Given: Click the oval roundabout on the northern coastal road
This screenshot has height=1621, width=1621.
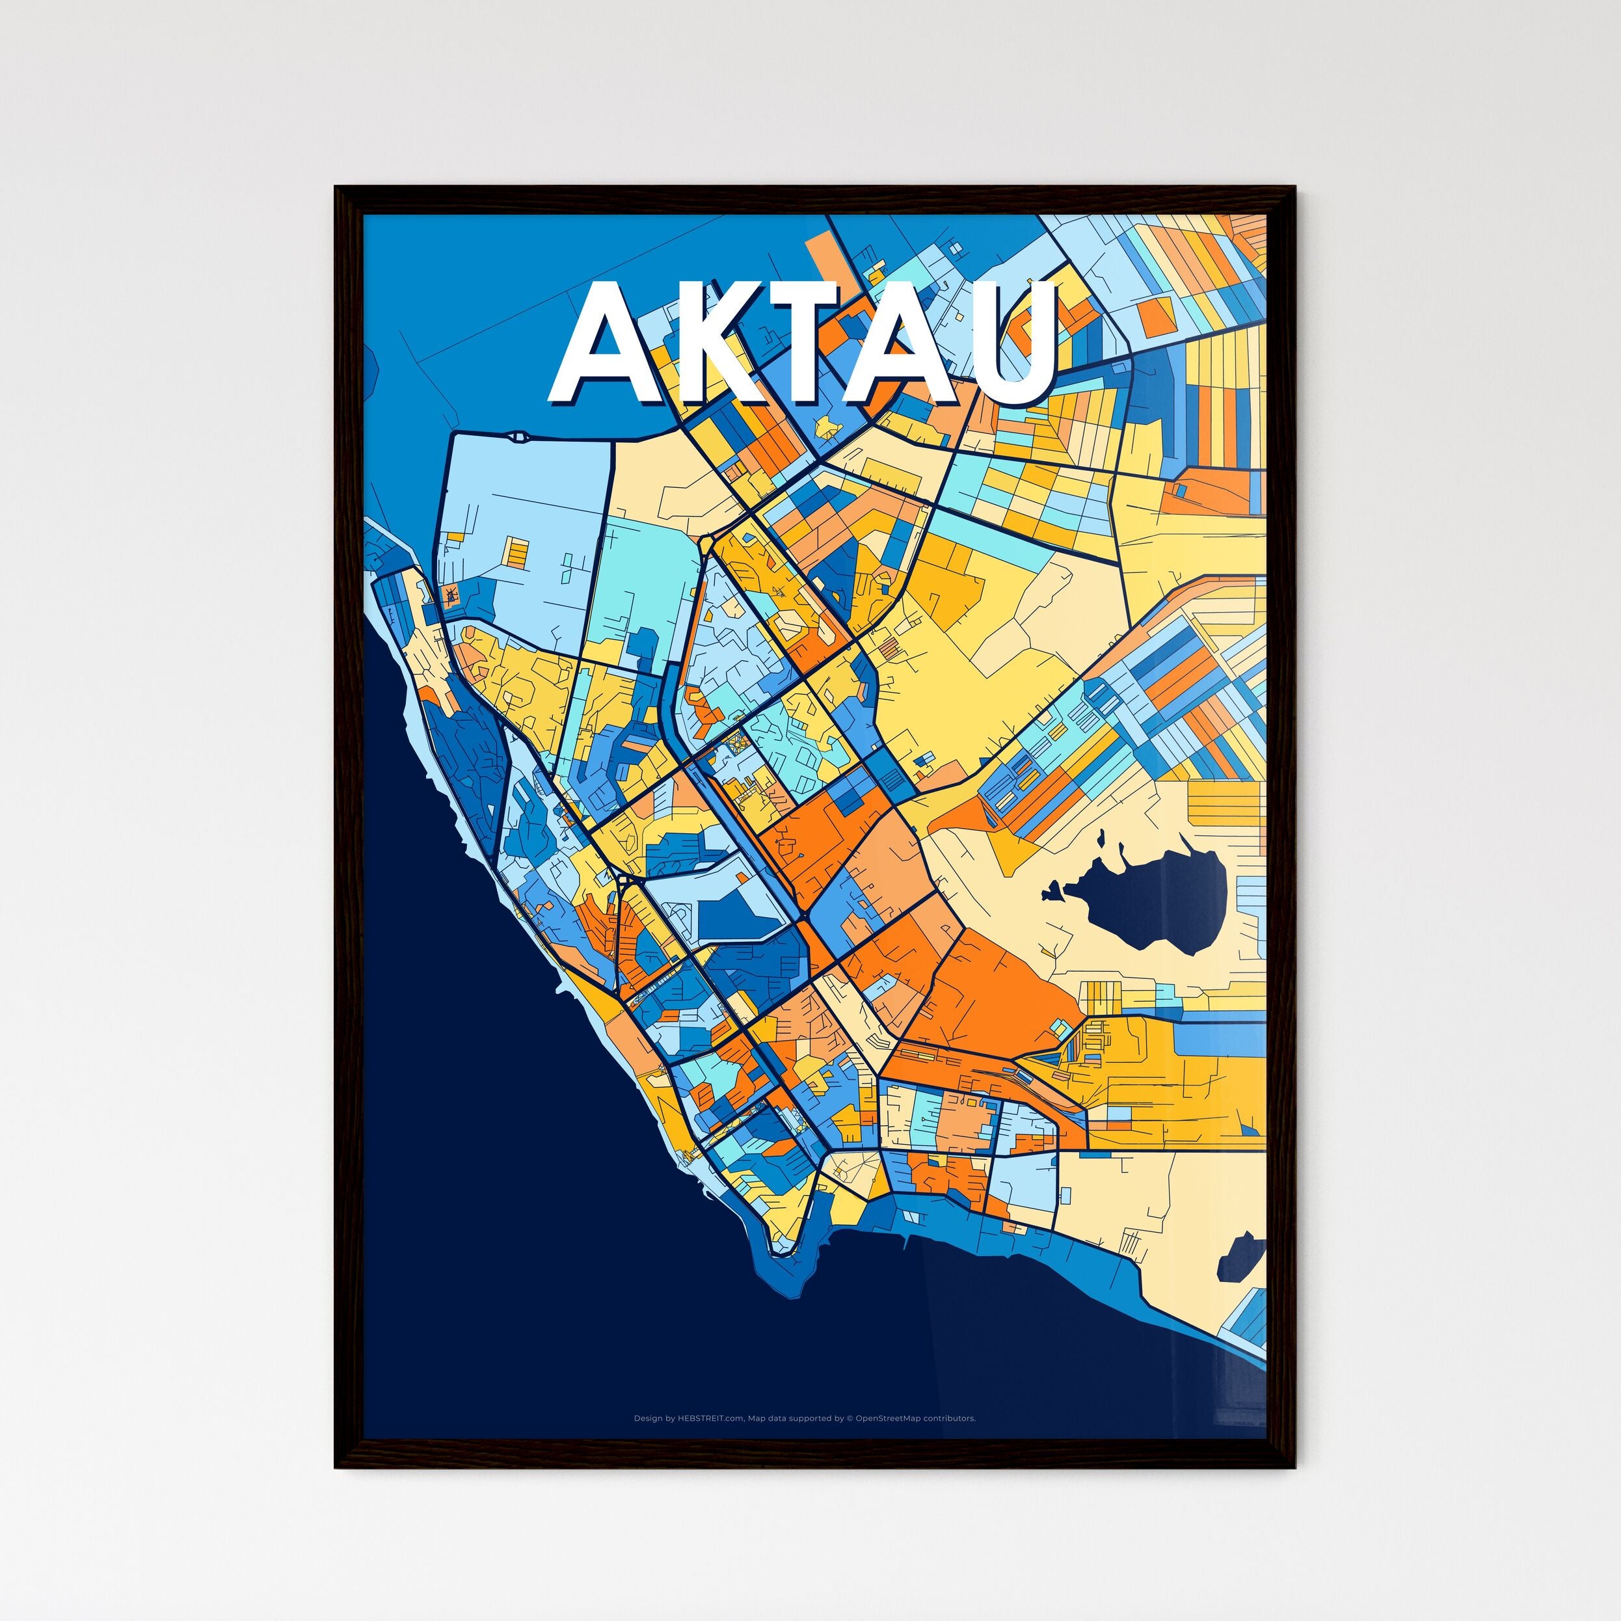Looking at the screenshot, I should pos(518,436).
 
